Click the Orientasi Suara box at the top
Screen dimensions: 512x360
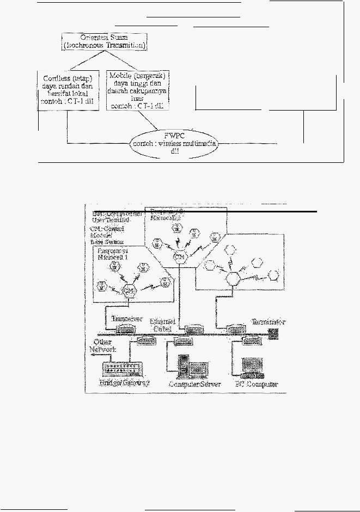(x=104, y=42)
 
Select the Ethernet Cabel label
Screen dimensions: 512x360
(x=162, y=325)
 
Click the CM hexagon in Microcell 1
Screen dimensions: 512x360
(x=129, y=290)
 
